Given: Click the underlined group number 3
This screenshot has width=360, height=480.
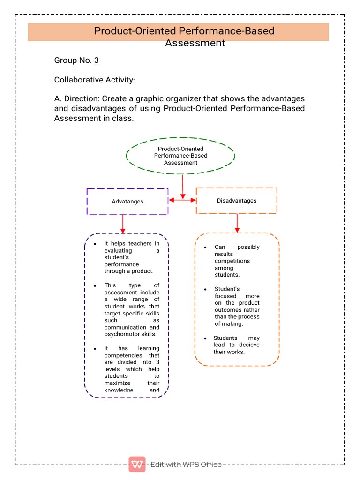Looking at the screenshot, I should coord(96,60).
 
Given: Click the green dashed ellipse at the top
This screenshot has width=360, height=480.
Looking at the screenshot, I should coord(180,156).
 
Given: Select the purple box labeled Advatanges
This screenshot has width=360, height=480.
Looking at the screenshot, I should coord(127,202).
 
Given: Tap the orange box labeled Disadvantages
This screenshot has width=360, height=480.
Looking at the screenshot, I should coord(236,201).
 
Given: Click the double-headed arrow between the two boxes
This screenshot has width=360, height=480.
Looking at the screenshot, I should coord(182,200).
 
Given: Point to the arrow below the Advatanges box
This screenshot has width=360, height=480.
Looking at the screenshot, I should coord(123,224).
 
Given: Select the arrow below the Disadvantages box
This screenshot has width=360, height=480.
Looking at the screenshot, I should coord(237,223).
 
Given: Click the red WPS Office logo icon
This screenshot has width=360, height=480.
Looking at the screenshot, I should coord(137,464).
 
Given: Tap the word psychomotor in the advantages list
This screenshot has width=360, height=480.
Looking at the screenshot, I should coord(123,334).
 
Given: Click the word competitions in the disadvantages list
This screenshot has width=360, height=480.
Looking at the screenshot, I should coord(232,261).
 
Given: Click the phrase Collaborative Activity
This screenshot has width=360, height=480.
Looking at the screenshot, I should coord(93,80).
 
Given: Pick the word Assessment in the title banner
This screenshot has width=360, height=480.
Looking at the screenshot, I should coord(195,43).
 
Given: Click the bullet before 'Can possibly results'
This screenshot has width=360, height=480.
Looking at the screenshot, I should coord(205,247).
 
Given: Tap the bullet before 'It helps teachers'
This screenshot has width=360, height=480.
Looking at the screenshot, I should coord(95,244).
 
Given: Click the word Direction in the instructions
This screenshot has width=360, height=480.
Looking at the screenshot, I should coord(81,99).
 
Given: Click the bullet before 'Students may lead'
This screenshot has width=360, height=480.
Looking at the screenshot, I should coord(205,338).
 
